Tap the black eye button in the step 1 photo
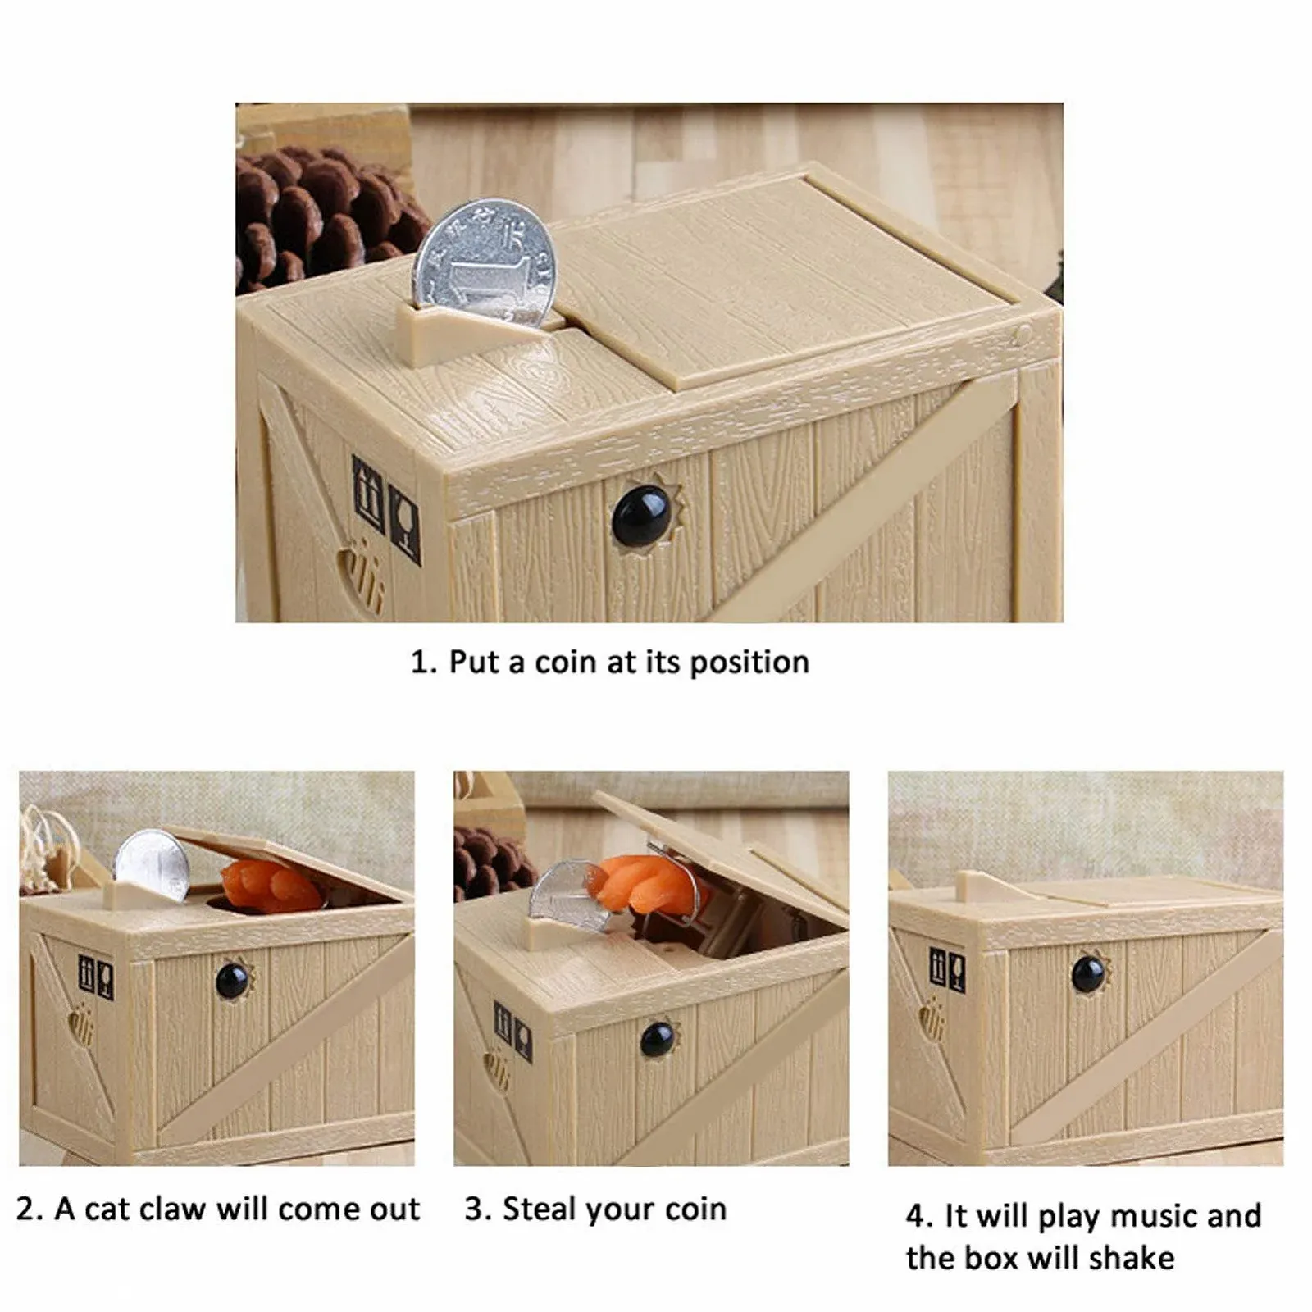(x=642, y=517)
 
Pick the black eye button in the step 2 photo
(x=232, y=981)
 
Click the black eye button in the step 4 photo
(x=1088, y=973)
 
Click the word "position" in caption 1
(x=749, y=663)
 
